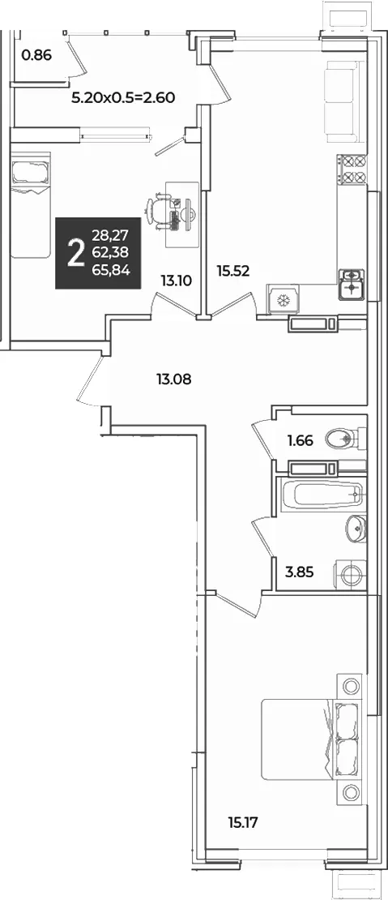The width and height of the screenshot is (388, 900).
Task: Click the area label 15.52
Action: (x=233, y=270)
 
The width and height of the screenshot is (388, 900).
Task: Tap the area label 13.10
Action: (x=176, y=281)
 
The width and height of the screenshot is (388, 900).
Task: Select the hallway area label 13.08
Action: (x=173, y=379)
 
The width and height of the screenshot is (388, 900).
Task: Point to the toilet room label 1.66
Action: (x=301, y=441)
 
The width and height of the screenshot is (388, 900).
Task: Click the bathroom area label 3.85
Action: (x=300, y=572)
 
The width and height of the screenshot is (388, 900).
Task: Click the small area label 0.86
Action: (x=36, y=56)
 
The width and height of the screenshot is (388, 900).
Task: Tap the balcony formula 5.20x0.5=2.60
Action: (x=122, y=97)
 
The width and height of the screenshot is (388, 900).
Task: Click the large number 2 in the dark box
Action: (x=75, y=253)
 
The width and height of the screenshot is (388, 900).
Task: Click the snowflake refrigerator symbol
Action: (x=281, y=300)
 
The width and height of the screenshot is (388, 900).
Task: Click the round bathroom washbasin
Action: (x=356, y=525)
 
